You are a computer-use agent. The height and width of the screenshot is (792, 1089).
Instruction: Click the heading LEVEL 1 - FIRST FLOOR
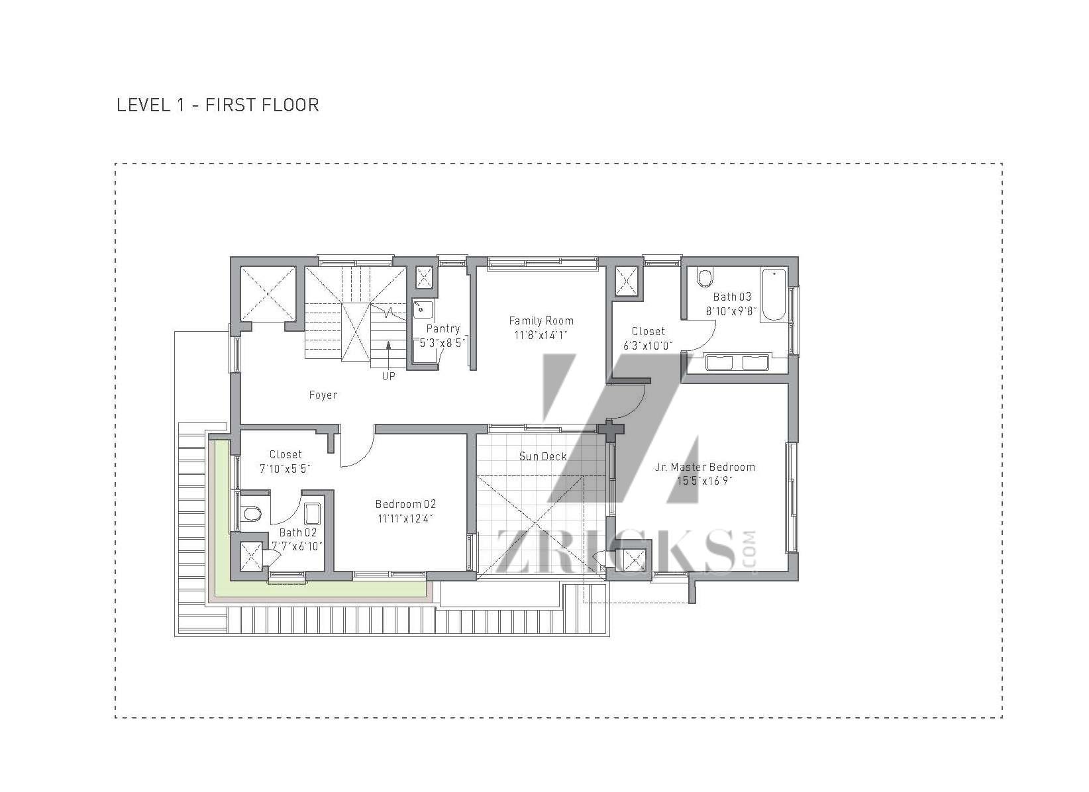(218, 105)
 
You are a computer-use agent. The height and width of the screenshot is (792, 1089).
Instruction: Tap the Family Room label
(541, 321)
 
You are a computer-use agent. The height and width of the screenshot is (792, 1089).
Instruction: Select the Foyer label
(323, 395)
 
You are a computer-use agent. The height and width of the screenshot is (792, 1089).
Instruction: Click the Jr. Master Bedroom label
(705, 467)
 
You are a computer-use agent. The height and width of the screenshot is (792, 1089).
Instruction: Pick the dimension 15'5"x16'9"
(705, 481)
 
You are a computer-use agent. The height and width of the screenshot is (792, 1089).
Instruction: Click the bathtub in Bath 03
(774, 294)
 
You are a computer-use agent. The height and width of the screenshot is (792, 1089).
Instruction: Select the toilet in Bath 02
(251, 513)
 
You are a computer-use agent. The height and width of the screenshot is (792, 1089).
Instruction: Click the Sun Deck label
(543, 456)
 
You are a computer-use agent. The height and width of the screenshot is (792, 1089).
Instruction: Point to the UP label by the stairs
(388, 376)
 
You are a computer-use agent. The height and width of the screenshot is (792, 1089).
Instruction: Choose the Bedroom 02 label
(405, 504)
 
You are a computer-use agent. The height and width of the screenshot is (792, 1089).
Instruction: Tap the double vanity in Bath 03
(737, 362)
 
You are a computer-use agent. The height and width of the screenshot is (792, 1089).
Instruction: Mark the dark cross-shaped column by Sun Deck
(611, 430)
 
